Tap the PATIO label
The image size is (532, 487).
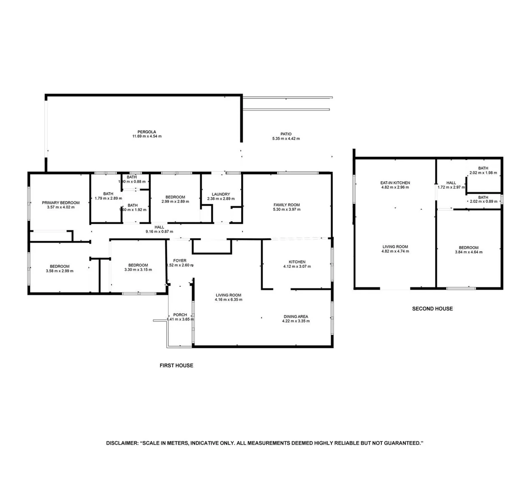click(x=286, y=134)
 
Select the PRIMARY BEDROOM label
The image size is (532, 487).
click(x=61, y=203)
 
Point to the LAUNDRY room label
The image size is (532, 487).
click(x=221, y=194)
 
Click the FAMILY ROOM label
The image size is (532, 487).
click(x=286, y=205)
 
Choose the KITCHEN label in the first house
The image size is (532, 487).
click(x=297, y=262)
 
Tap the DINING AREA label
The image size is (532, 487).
click(x=296, y=317)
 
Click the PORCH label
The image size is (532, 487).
click(x=180, y=315)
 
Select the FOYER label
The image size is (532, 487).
click(x=180, y=261)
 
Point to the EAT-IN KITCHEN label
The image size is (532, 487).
click(x=395, y=183)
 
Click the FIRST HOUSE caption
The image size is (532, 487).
click(x=176, y=365)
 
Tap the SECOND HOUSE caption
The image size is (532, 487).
click(x=432, y=308)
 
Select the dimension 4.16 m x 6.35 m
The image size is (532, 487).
click(x=228, y=300)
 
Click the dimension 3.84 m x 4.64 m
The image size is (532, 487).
click(x=468, y=252)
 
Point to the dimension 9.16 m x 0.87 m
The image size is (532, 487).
click(x=159, y=231)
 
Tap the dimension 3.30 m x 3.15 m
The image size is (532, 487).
click(x=138, y=270)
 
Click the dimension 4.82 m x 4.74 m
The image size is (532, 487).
click(x=395, y=251)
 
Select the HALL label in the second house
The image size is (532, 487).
click(x=451, y=183)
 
